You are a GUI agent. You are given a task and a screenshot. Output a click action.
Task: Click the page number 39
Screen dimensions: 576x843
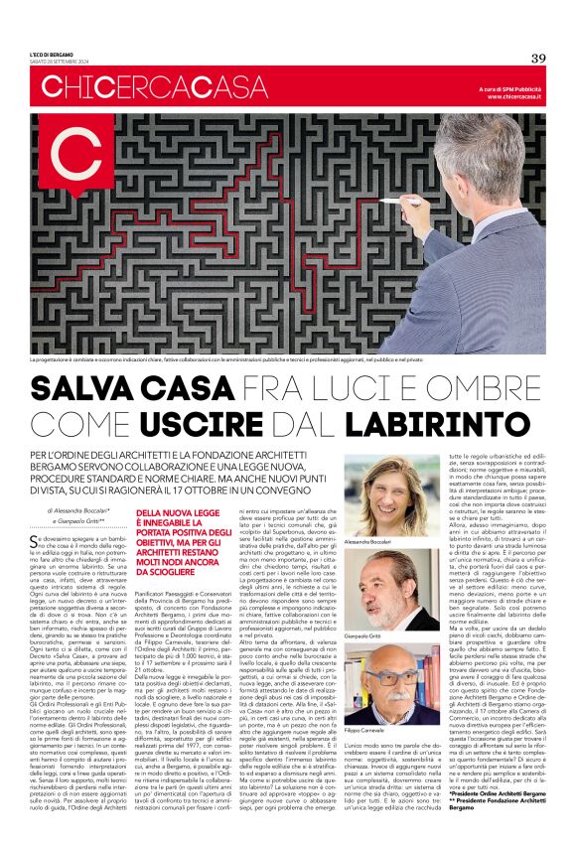pyautogui.click(x=538, y=58)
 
